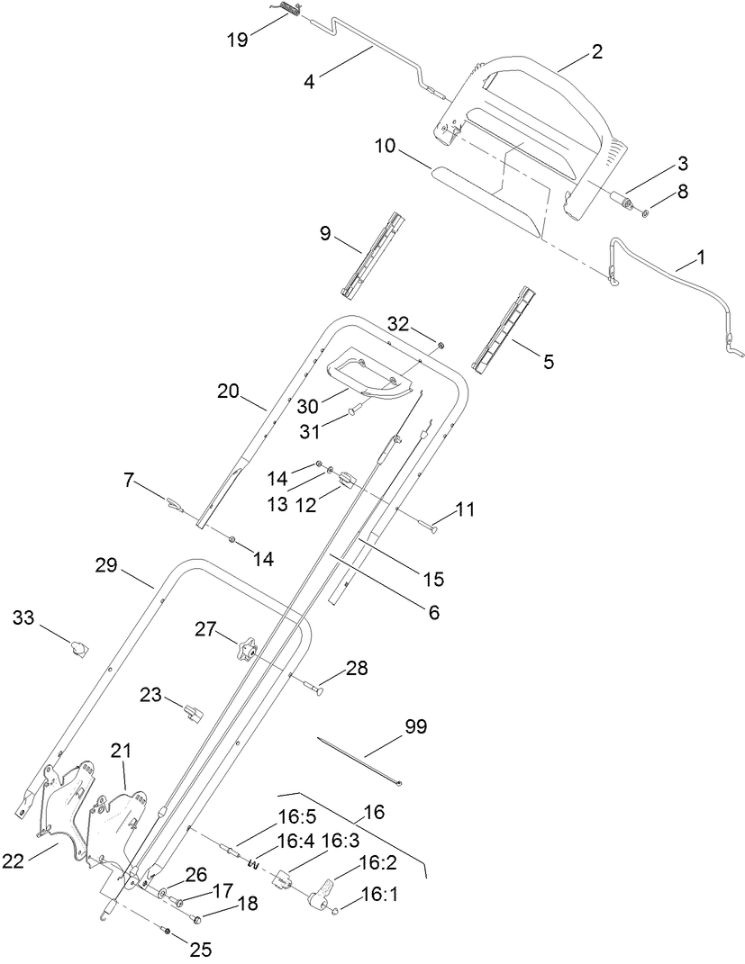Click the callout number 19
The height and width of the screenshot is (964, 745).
236,40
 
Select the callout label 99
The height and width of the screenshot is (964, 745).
415,725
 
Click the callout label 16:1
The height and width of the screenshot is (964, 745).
377,894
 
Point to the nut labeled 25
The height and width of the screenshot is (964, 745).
168,928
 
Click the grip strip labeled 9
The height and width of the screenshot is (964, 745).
372,254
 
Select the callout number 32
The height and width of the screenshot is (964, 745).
399,323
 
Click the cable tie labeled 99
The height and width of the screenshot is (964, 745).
360,761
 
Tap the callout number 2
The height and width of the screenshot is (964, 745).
596,53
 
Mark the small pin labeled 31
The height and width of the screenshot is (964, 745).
353,411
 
